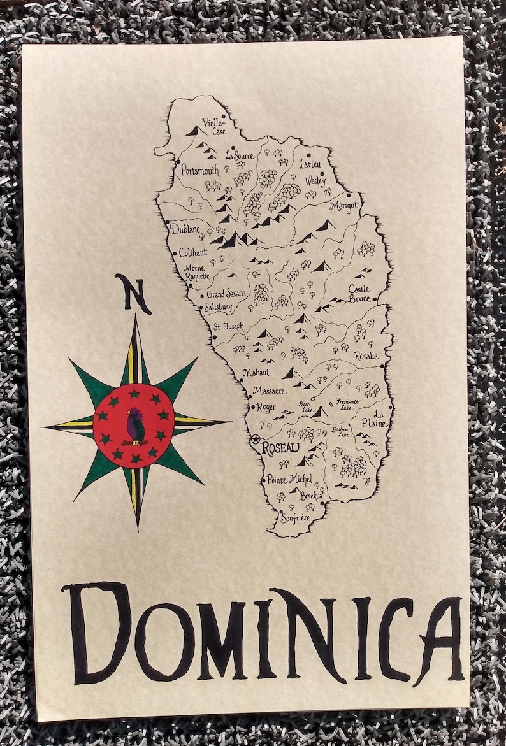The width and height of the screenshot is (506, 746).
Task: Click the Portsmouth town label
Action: [199, 170]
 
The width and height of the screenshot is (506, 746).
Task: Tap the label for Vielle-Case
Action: [213, 126]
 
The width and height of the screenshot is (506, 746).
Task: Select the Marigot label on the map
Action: [344, 206]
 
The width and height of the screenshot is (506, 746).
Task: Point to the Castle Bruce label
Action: [360, 294]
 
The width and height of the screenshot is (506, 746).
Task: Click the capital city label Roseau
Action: [280, 448]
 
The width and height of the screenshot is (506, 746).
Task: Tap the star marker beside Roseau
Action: [256, 439]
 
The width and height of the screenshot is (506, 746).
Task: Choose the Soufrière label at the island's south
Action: [296, 519]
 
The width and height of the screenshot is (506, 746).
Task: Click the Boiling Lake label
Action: [340, 432]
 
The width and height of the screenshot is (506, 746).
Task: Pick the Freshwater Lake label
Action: [348, 404]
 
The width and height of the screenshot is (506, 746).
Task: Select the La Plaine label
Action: [379, 418]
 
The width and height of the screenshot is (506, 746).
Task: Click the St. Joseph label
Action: [229, 327]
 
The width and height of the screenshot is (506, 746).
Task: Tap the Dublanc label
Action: [185, 229]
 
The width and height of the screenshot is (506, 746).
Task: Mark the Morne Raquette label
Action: [197, 273]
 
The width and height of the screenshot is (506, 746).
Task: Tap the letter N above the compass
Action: [133, 293]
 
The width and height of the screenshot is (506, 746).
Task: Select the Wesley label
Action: [315, 181]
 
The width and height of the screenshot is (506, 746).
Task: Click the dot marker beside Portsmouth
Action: [178, 161]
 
